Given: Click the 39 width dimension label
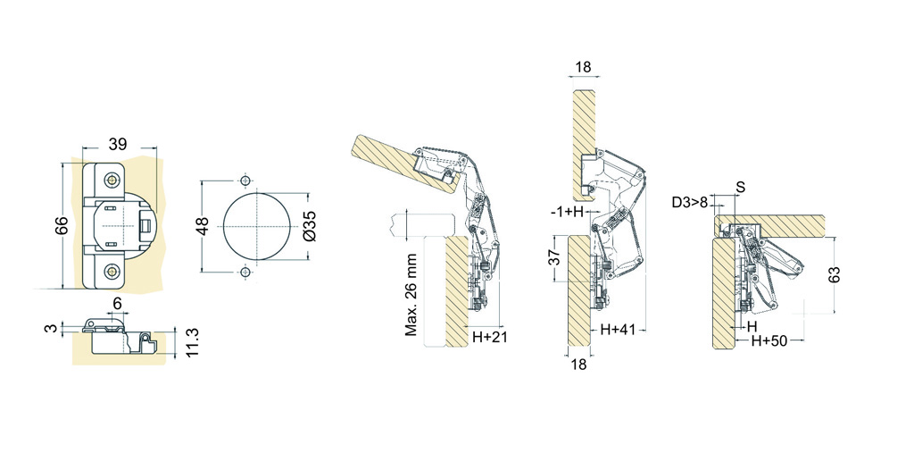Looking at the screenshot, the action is point(117,144).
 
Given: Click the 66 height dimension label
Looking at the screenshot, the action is point(62,226).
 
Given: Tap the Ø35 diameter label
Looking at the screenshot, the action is point(311,225).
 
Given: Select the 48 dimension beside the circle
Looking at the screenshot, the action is point(203,226).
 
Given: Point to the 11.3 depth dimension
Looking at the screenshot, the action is point(193,342).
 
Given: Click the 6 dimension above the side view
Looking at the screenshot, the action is point(117,303).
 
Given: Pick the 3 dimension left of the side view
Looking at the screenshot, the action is point(53,328).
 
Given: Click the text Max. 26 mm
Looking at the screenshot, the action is point(411,295).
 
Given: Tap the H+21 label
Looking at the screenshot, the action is point(490,337).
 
